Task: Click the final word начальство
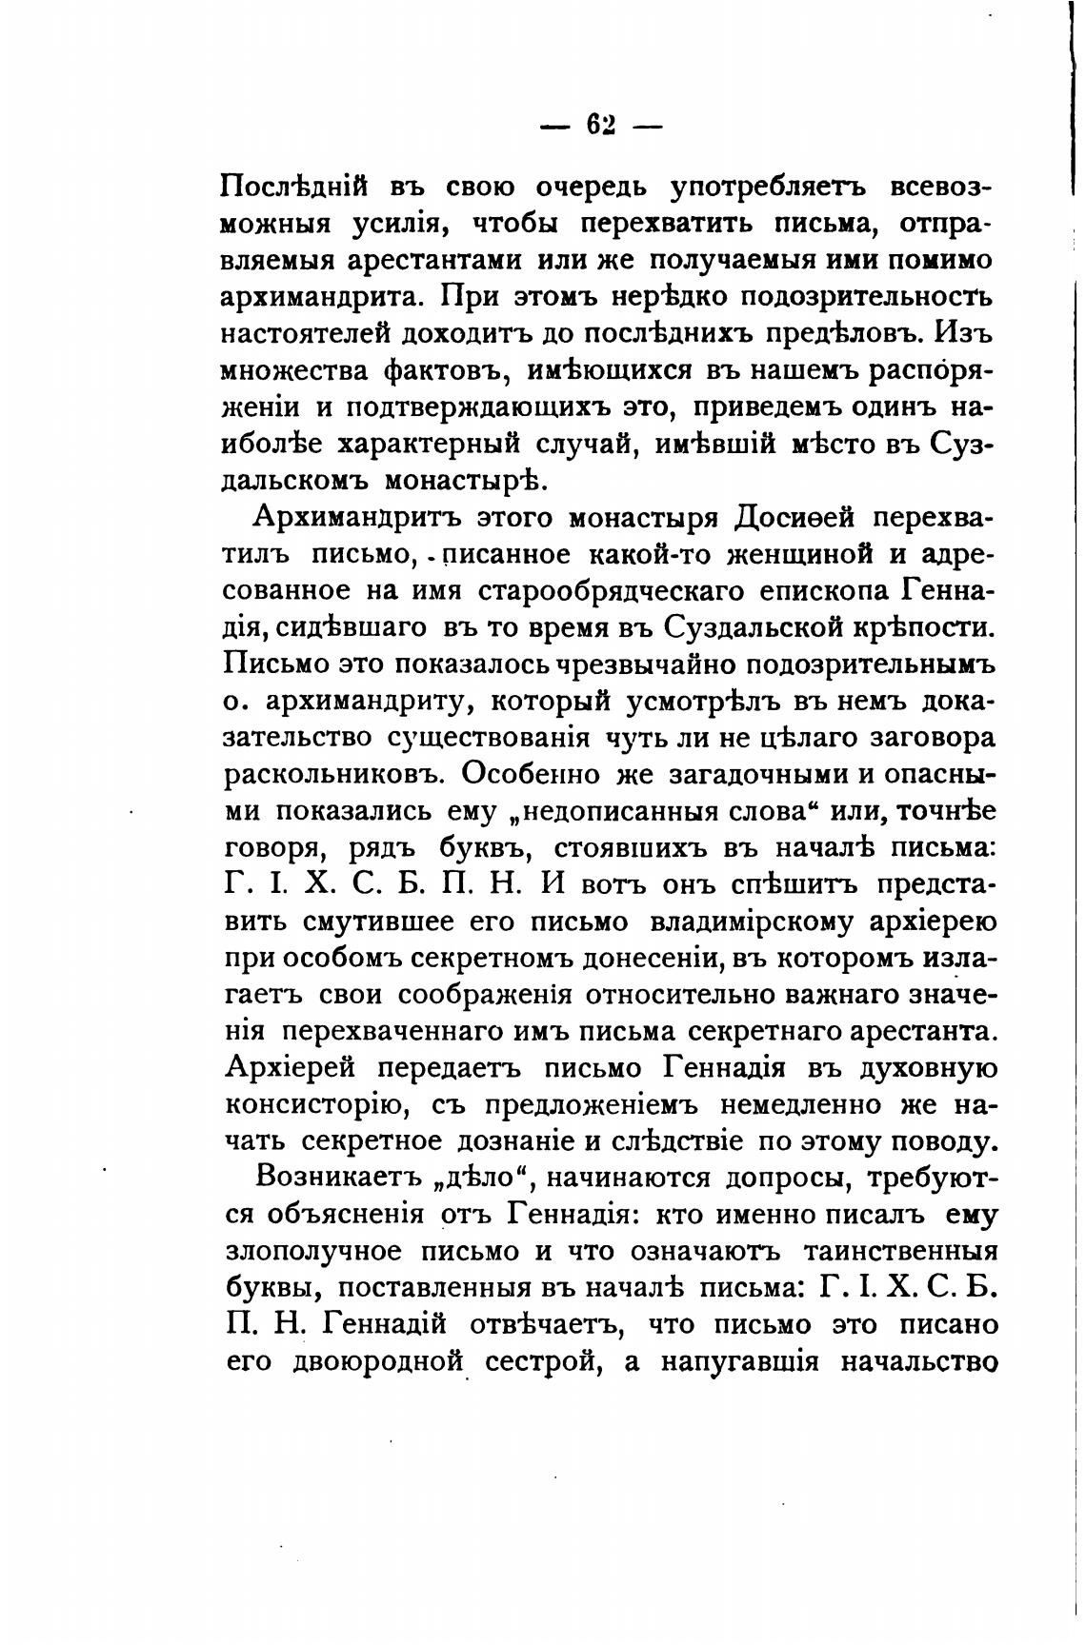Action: point(914,1362)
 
